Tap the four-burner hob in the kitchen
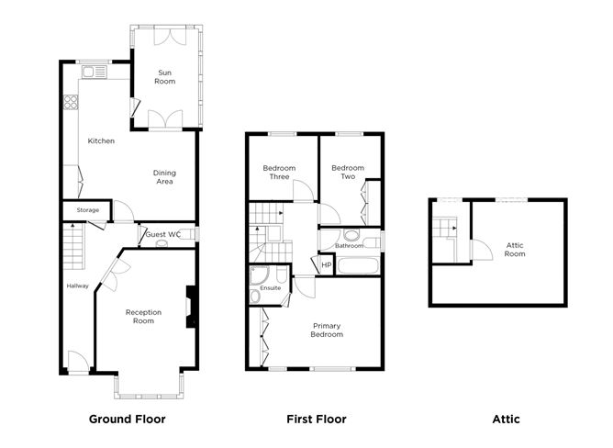point(69,103)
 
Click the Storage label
point(88,210)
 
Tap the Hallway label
point(78,286)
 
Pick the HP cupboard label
point(325,265)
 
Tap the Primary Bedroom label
point(328,330)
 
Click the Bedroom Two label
point(348,172)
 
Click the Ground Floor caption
point(127,420)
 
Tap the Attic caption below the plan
point(506,420)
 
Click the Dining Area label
point(165,176)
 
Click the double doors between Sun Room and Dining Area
point(166,119)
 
